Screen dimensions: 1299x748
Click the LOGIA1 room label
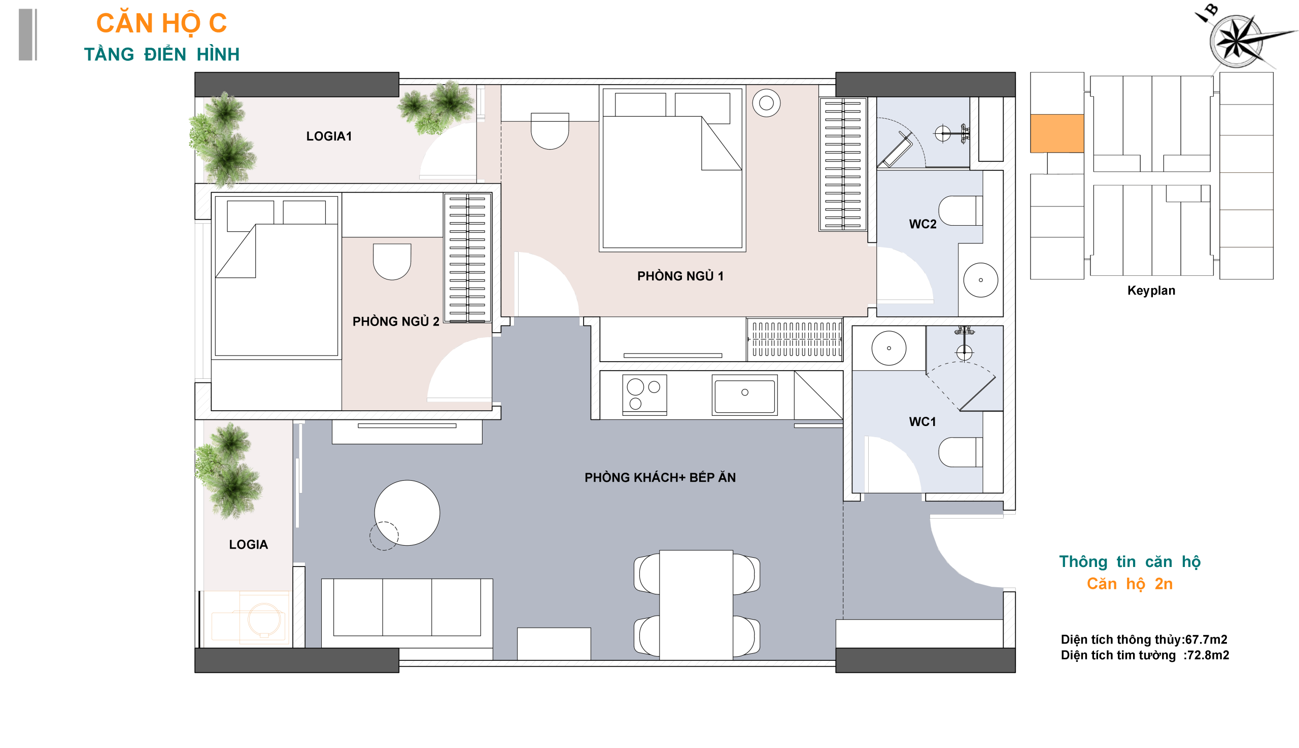[329, 136]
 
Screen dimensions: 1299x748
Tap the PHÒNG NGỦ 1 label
[680, 276]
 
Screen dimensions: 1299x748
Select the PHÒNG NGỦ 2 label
[396, 321]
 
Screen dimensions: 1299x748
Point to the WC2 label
[922, 224]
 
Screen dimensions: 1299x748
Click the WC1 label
[922, 422]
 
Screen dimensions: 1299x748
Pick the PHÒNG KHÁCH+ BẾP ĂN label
[660, 477]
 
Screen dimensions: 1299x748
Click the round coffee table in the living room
[407, 513]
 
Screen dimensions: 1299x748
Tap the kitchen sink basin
[744, 395]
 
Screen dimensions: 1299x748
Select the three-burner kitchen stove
[644, 395]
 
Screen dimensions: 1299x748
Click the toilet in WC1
[960, 452]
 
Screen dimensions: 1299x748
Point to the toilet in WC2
[960, 210]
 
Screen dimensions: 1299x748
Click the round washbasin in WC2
[981, 280]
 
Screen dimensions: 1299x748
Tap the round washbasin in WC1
[889, 348]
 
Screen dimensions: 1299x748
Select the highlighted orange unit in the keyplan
[1057, 133]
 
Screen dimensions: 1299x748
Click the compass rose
[1236, 41]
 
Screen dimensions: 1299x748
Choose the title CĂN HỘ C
[161, 24]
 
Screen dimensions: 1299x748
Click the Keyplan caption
[1151, 291]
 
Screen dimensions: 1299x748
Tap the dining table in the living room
[696, 605]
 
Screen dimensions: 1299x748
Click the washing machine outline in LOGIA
[263, 619]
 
